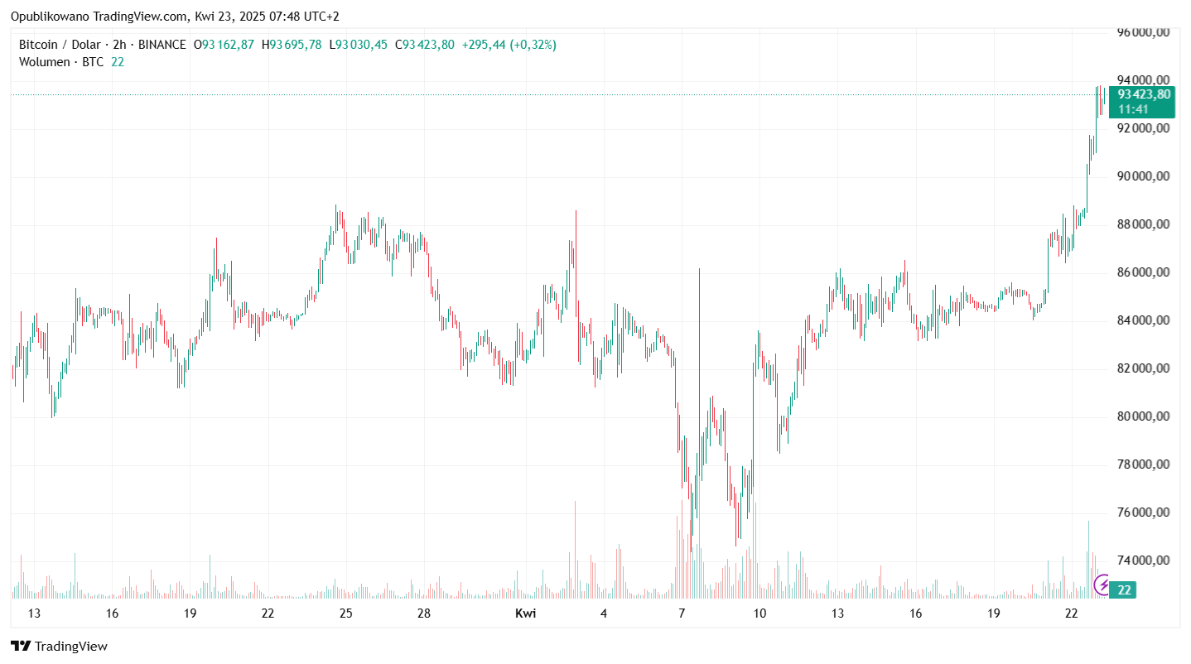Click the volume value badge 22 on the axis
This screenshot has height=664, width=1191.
click(1125, 589)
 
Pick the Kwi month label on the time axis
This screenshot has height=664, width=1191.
click(525, 613)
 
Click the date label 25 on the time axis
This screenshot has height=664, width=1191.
click(346, 613)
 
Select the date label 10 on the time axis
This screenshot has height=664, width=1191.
click(759, 613)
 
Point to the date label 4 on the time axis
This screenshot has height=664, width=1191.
click(604, 613)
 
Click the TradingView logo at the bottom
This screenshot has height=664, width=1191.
click(59, 646)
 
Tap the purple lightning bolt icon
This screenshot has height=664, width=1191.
click(1103, 585)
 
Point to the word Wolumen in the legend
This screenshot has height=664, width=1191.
click(44, 62)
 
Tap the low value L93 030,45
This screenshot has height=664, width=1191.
click(358, 45)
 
